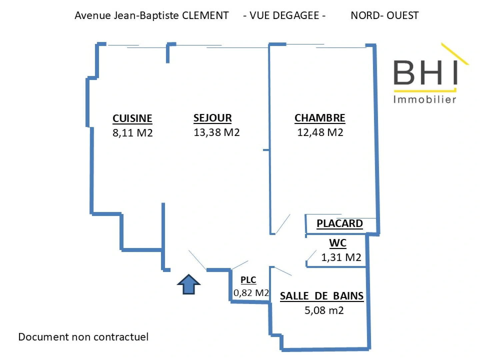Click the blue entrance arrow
189,284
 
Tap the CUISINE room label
132,118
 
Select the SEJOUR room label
213,118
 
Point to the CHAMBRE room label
320,118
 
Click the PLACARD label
340,223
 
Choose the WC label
338,243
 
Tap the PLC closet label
248,280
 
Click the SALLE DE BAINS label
322,296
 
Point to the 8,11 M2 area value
133,133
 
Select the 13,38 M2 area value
216,132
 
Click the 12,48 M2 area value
320,132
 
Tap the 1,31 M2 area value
341,257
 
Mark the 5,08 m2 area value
324,310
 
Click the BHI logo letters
425,73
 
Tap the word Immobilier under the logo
425,100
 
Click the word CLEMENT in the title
205,16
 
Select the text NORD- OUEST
385,16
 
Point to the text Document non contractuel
83,337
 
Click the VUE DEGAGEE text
284,16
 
